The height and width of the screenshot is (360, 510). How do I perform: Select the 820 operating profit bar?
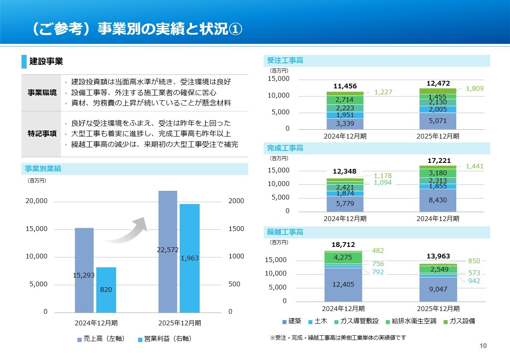click(x=106, y=290)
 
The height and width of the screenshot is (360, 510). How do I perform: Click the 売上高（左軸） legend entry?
click(x=101, y=339)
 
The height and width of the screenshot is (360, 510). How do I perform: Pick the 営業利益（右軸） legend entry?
click(x=165, y=339)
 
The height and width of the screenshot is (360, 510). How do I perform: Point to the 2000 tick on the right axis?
click(x=236, y=202)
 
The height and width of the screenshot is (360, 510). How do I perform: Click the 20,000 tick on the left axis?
click(x=37, y=202)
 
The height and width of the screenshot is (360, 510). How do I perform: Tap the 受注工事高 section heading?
click(x=285, y=61)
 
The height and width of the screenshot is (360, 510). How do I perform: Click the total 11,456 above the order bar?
click(x=345, y=86)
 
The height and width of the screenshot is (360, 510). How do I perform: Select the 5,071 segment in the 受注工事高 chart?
click(x=438, y=121)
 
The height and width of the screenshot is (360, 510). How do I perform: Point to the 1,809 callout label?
click(x=475, y=89)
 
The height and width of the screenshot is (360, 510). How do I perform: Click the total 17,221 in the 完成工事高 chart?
click(x=439, y=161)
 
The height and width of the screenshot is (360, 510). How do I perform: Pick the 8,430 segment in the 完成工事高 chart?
click(x=438, y=200)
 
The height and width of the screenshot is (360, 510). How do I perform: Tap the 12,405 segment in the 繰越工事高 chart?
click(x=343, y=284)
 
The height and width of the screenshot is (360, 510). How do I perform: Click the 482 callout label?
click(x=378, y=250)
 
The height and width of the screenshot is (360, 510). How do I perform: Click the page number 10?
click(x=483, y=346)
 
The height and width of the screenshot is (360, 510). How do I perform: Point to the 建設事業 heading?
click(x=46, y=61)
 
